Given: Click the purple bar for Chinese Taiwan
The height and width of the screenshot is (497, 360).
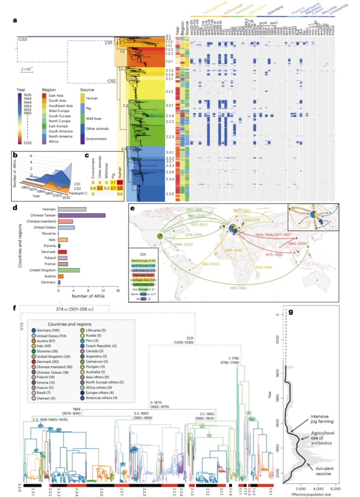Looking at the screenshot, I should pos(82,215).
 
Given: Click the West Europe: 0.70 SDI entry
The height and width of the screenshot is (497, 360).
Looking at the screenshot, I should pos(142,261).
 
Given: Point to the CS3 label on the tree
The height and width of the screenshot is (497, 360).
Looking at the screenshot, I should pos(23,39).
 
